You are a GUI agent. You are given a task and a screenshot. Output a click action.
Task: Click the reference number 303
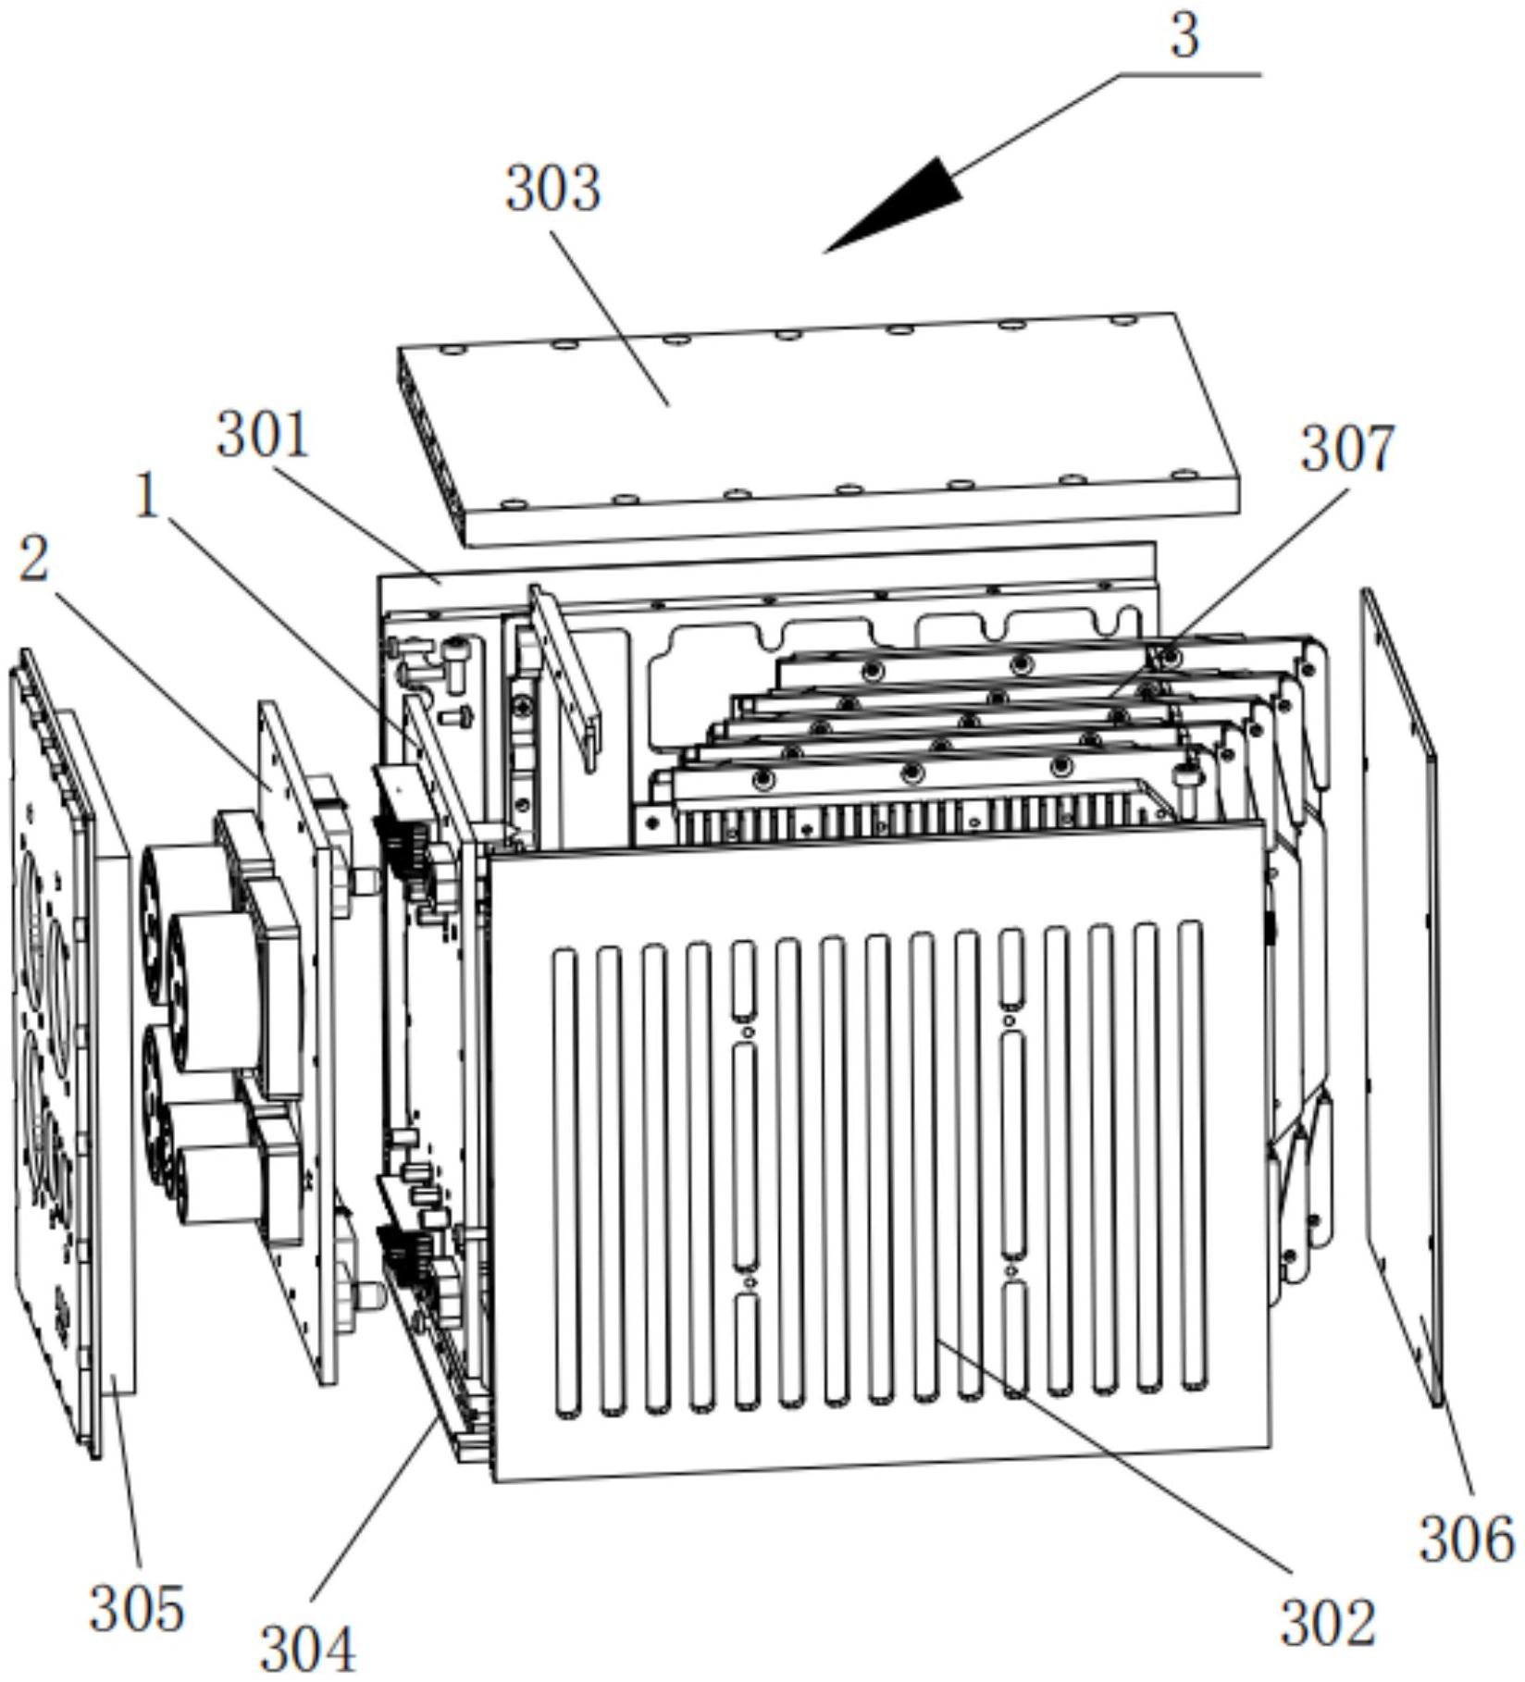[552, 189]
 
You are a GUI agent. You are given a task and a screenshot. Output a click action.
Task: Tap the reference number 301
[263, 435]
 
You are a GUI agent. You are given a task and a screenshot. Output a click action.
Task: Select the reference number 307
[1346, 450]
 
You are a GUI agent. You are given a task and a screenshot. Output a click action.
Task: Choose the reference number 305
[137, 1609]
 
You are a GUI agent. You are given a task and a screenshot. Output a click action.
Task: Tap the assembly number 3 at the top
[1184, 37]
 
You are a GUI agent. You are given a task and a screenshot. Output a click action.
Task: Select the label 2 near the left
[34, 559]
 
